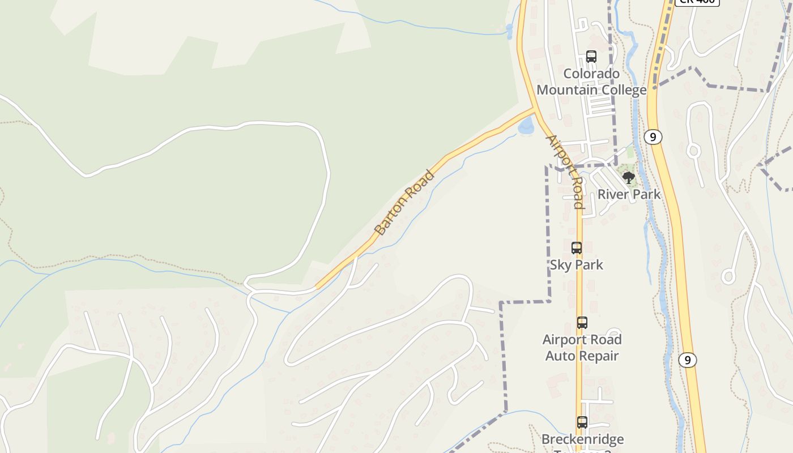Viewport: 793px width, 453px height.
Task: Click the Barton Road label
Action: tap(404, 203)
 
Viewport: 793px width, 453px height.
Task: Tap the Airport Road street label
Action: tap(565, 172)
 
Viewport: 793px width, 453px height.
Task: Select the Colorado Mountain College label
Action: tap(591, 82)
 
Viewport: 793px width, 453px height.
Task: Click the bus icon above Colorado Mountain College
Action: tap(591, 57)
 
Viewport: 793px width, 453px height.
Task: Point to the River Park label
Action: tap(629, 194)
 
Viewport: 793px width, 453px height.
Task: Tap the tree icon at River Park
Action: tap(628, 178)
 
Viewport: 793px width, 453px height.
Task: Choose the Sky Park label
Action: tap(577, 264)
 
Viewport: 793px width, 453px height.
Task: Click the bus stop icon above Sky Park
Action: tap(577, 248)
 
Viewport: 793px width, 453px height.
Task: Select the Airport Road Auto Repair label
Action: tap(582, 347)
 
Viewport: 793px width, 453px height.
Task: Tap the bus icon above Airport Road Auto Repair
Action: tap(582, 323)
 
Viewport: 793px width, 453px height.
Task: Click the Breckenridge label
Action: tap(582, 439)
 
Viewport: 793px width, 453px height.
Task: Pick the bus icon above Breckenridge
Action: tap(582, 422)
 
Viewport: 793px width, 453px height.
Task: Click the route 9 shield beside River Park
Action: tap(653, 137)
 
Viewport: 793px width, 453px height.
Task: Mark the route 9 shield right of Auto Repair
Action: tap(688, 360)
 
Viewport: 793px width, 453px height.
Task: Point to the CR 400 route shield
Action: tap(697, 2)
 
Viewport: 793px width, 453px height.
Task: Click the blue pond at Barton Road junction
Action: tap(526, 126)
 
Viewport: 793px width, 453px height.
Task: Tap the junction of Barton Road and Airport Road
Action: tap(535, 108)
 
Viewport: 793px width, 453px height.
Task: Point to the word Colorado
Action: tap(591, 74)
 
